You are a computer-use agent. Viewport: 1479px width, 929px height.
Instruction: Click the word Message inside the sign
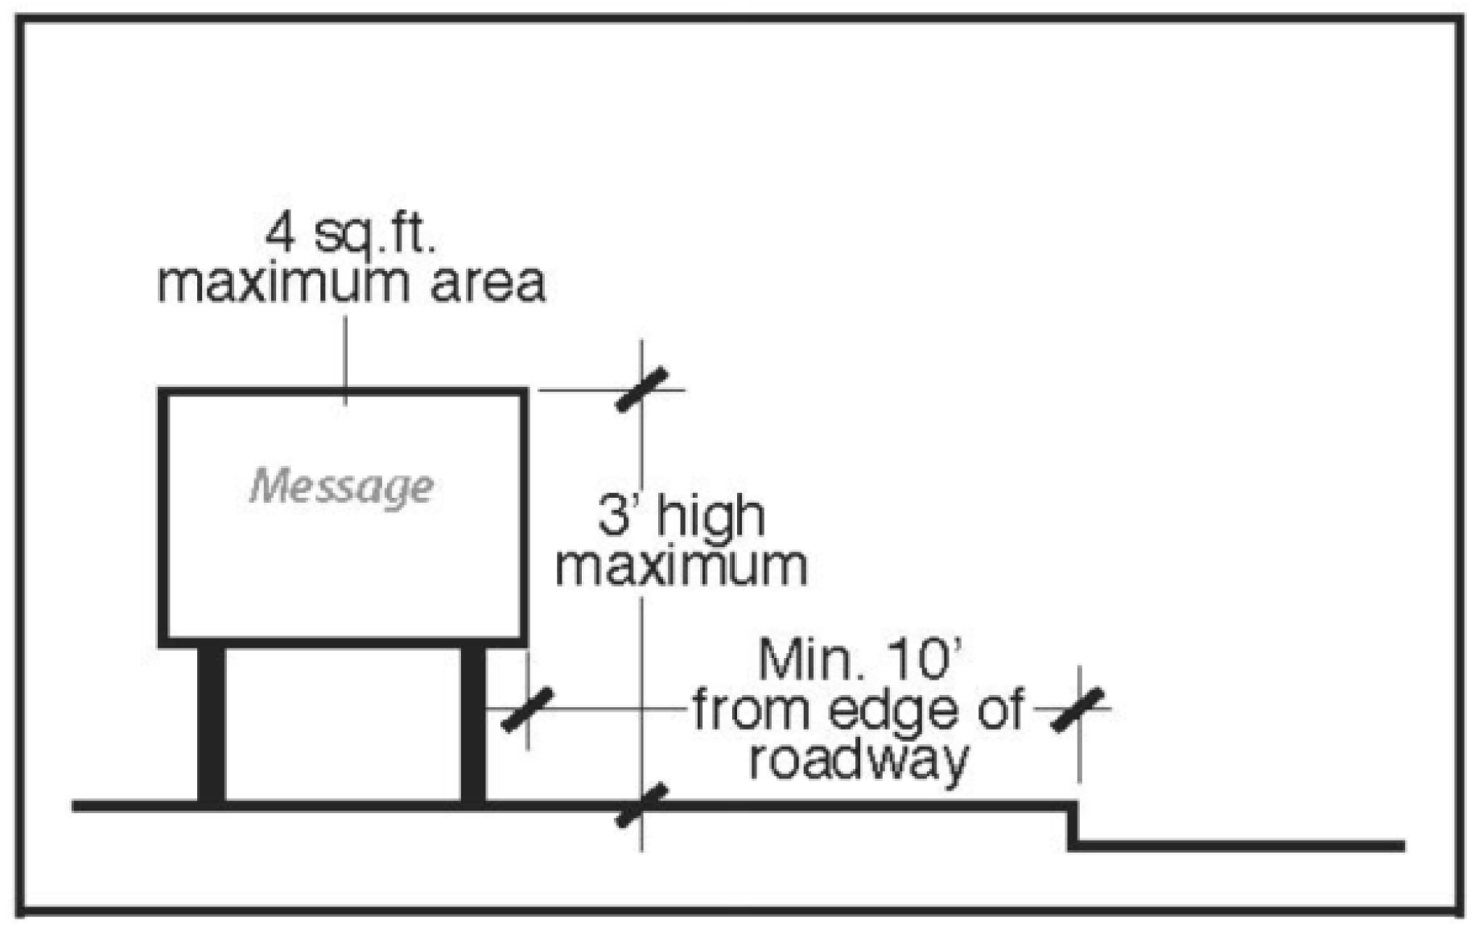point(341,487)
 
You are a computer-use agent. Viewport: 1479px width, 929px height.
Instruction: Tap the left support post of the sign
point(212,724)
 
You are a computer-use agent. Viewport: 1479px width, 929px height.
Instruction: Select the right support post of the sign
point(473,724)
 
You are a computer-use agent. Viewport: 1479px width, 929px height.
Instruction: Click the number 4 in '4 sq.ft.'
point(280,233)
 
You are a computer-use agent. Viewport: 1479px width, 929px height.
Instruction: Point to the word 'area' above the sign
point(488,283)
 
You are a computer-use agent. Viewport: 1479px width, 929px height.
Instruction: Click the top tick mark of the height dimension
point(641,389)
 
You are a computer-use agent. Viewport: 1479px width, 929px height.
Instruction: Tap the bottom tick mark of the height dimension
point(641,805)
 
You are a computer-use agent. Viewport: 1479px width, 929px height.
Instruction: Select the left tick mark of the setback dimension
point(527,709)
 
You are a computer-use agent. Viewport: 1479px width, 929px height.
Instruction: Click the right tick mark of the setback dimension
point(1078,709)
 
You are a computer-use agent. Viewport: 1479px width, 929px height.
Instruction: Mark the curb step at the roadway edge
point(1073,825)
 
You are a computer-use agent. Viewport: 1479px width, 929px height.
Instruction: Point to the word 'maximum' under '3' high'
point(682,566)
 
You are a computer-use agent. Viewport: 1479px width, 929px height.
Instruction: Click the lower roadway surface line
point(1239,846)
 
